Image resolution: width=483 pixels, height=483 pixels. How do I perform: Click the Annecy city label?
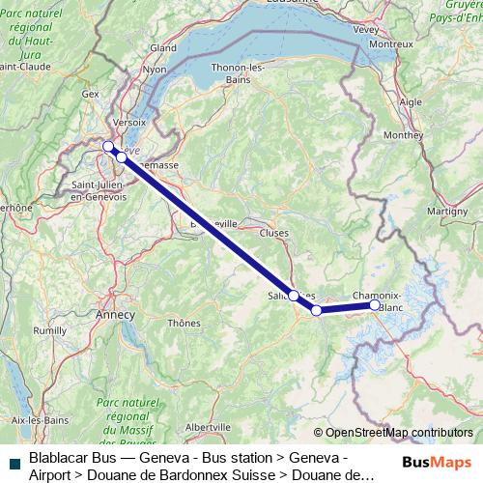coord(115,314)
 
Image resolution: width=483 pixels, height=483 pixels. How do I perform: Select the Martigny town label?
coord(448,211)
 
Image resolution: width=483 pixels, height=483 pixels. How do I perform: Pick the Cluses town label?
coord(273,233)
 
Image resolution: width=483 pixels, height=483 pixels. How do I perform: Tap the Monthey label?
coord(403,135)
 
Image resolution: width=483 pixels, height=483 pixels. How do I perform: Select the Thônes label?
coord(184,323)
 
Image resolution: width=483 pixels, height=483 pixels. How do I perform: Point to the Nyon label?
coord(155,70)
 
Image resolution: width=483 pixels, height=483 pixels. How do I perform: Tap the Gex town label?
coord(91,94)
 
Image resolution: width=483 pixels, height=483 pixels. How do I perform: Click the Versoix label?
coord(128,123)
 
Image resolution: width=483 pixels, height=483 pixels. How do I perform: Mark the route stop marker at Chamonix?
coord(375,305)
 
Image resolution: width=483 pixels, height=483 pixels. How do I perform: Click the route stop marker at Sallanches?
coord(294,295)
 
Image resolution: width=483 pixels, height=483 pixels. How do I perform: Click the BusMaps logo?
coord(436,463)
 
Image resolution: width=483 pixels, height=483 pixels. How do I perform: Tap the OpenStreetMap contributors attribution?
coord(392,432)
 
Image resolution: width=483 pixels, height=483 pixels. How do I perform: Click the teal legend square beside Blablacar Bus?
coord(12,463)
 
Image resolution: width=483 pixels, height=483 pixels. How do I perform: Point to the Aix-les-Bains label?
coord(35,420)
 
